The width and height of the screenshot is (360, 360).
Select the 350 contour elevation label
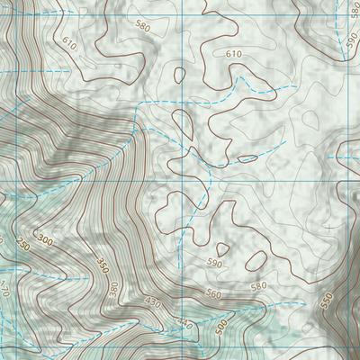(x=102, y=266)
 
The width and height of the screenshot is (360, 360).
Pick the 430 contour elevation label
(x=153, y=304)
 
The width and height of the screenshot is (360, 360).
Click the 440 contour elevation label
(x=184, y=322)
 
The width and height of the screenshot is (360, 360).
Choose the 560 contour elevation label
(x=213, y=294)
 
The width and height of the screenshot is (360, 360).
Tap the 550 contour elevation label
(x=326, y=301)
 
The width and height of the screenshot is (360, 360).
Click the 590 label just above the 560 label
(x=213, y=264)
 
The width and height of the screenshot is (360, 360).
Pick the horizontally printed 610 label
(x=234, y=55)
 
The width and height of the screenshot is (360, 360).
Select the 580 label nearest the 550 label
(x=259, y=287)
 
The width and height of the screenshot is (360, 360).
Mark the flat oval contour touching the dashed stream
(x=247, y=159)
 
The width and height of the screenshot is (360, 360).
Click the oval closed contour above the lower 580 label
(x=256, y=261)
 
